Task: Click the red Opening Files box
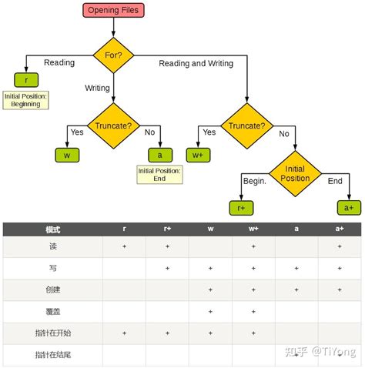click(113, 10)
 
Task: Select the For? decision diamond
click(113, 55)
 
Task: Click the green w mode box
click(67, 155)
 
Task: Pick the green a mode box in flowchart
click(159, 155)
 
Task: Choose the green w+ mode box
click(198, 155)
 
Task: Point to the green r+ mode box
click(240, 207)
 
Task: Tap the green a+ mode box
click(348, 207)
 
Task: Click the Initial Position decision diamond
click(296, 173)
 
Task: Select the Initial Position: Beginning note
click(26, 99)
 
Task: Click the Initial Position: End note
click(159, 175)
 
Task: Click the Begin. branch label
click(254, 182)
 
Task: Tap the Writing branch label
click(97, 88)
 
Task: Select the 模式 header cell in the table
click(52, 229)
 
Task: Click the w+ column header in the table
click(253, 229)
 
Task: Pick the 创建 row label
click(52, 289)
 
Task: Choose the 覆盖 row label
click(52, 311)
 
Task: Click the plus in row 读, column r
click(125, 246)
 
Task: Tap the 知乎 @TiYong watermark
click(319, 351)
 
